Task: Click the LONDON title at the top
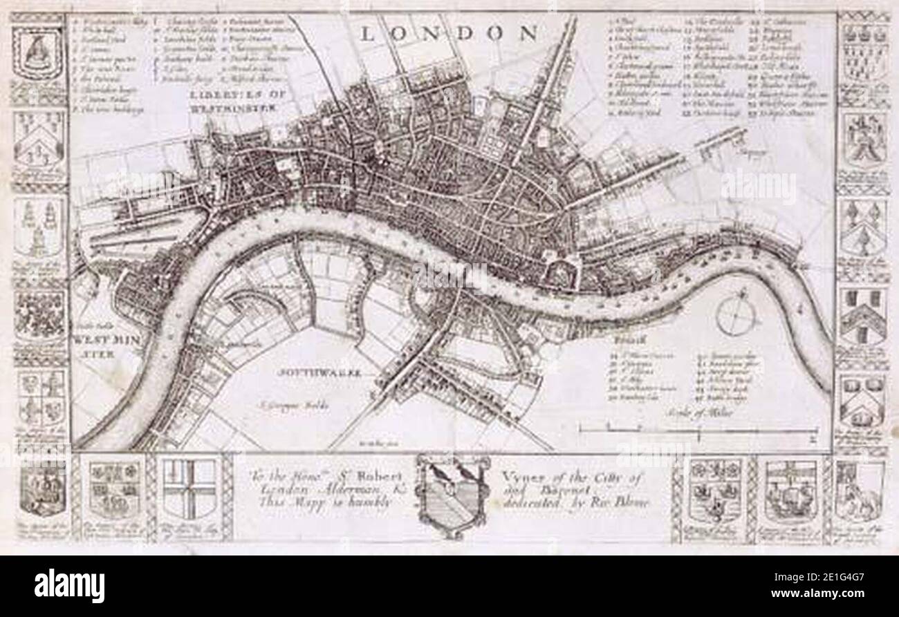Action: pos(449,31)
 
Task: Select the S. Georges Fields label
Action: pos(284,400)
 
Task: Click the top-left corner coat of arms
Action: pos(39,52)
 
